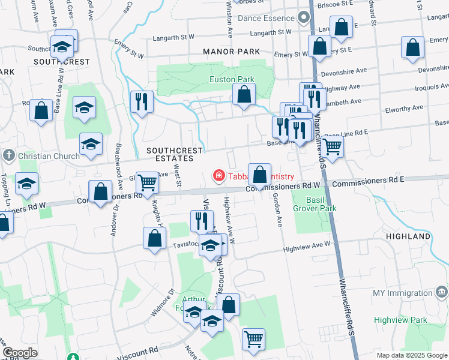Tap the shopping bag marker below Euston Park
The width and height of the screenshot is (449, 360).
244,95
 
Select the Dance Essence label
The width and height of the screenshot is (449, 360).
265,19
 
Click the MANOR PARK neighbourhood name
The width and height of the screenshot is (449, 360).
228,52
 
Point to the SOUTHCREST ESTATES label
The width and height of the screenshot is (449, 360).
170,154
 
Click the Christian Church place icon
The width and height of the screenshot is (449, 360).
8,156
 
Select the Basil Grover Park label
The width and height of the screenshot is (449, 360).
315,203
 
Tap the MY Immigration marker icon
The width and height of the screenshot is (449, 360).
442,293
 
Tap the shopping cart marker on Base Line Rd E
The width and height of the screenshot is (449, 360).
331,146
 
